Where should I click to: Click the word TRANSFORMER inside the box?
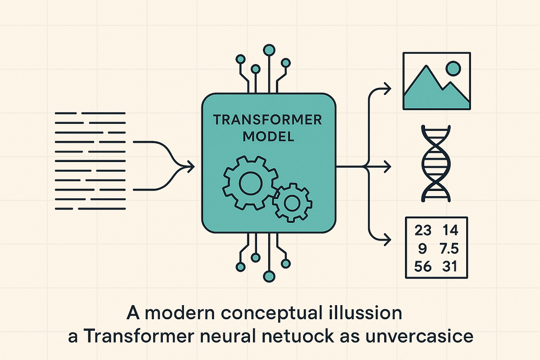(268, 120)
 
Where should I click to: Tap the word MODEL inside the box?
(269, 136)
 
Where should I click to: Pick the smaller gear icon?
(292, 202)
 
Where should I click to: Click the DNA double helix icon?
(437, 163)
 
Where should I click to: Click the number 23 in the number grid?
(423, 230)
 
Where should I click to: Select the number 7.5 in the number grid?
(449, 248)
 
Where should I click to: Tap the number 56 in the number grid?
(423, 266)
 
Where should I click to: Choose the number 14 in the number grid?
(450, 230)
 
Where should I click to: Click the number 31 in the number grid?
(450, 266)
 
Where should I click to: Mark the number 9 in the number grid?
(422, 248)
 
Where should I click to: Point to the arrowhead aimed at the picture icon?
(388, 89)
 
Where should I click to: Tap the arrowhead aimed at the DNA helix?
(388, 166)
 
